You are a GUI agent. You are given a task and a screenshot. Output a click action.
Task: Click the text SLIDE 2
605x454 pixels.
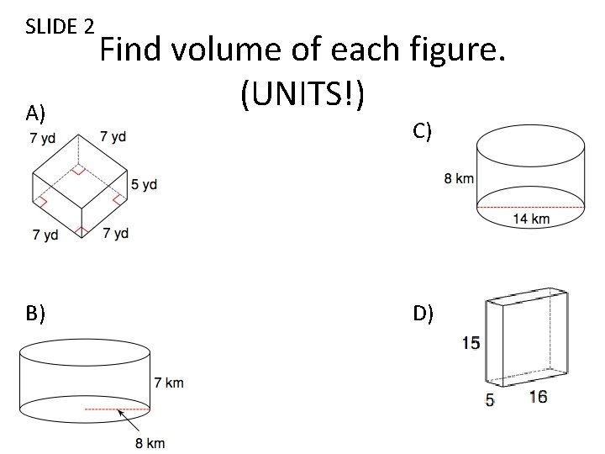59,26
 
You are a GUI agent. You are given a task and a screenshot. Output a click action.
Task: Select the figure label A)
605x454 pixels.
35,113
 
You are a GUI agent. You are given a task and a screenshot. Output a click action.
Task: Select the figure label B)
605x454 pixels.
35,314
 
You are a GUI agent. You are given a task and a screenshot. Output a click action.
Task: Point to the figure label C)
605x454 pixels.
423,129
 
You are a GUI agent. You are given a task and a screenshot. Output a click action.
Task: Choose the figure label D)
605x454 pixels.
423,314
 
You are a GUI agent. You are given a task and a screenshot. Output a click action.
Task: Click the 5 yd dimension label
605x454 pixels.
144,185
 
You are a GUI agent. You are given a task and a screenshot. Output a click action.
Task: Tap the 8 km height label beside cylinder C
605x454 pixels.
459,178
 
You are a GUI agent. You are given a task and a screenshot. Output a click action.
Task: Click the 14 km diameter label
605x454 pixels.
530,219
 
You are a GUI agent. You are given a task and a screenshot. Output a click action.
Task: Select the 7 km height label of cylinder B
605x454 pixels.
168,383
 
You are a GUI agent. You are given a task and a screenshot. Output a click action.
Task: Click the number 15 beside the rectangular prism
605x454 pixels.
471,342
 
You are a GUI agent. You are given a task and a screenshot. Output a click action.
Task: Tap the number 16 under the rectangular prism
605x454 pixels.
538,397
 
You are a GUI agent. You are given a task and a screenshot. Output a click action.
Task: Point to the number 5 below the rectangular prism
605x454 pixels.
489,400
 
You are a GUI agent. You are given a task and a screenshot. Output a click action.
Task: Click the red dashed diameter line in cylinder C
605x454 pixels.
530,206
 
